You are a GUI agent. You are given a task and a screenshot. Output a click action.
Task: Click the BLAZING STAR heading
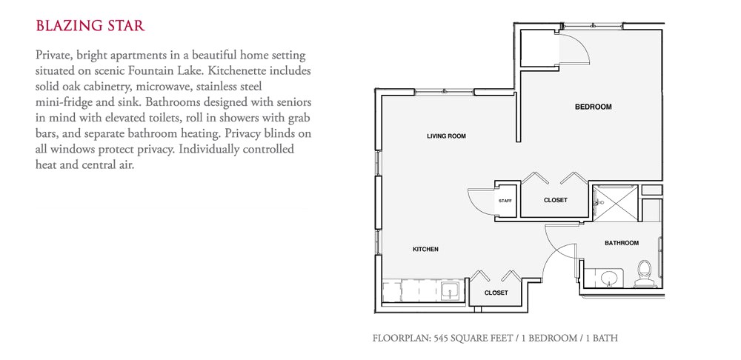(90, 26)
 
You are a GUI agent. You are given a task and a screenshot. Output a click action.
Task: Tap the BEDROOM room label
(593, 107)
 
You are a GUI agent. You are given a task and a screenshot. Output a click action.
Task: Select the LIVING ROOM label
(446, 136)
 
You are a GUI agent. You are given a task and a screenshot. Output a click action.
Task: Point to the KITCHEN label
(425, 250)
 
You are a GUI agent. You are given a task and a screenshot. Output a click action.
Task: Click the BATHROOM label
(621, 243)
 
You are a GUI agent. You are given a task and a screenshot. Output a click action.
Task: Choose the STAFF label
(505, 201)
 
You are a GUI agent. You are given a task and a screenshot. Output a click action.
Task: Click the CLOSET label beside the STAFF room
(555, 200)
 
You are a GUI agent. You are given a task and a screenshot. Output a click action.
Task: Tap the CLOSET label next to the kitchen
(496, 293)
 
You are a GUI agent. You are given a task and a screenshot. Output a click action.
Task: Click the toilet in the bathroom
(643, 273)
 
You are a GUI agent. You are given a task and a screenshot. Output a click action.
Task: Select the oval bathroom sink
(608, 279)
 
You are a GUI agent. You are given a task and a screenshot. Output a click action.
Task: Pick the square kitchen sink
(449, 290)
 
